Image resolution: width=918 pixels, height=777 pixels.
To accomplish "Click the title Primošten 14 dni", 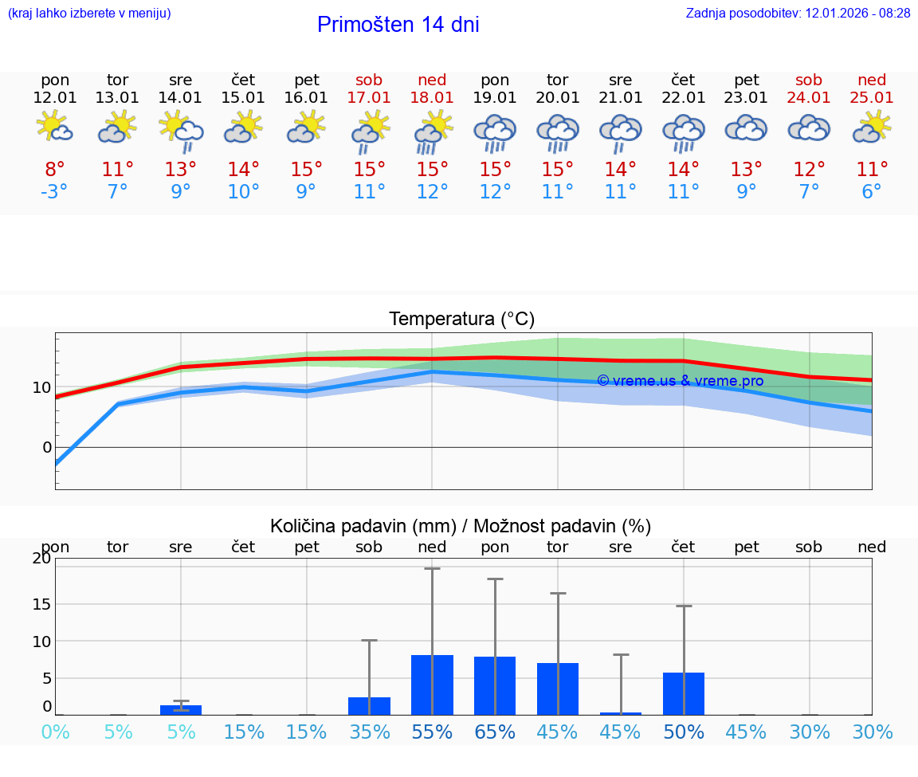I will coord(398,25).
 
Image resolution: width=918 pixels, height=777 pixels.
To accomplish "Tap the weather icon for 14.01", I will coord(181,130).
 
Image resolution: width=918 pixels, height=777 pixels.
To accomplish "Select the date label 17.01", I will coord(369,98).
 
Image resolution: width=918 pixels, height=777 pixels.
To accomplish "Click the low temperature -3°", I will coord(55,192).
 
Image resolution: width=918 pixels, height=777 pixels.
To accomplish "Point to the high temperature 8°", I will coord(55,169).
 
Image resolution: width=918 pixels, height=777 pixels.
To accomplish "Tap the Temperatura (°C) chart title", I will coord(461,320).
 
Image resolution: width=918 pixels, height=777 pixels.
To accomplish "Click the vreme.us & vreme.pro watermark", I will coord(680,381).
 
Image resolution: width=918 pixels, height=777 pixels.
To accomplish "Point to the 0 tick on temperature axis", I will coord(47,447).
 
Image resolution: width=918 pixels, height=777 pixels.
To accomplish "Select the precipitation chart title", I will coord(461,526).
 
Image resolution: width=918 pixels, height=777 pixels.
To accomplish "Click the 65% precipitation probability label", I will coord(495,732).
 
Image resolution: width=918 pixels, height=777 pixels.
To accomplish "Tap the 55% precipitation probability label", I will coord(432,732).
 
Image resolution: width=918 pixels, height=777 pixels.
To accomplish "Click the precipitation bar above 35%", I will coord(369,706).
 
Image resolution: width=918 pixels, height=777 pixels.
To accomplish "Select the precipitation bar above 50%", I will coord(684,694).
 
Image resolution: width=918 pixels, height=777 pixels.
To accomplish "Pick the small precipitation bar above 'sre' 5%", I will coord(181,710).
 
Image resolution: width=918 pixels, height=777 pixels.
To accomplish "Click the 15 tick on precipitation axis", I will coord(41,604).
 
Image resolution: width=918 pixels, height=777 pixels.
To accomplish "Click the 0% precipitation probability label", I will coord(55,732).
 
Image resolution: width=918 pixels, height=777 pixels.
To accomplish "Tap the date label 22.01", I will coord(683,98).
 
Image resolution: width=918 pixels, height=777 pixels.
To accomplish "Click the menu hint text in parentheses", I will coord(89,14).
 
